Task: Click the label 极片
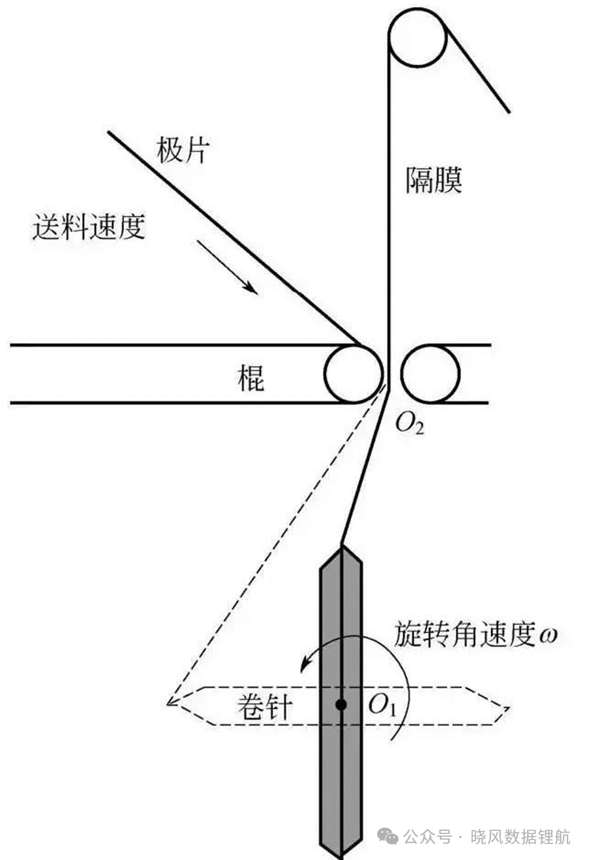pos(183,149)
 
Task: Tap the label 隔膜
pos(434,180)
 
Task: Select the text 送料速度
pos(89,226)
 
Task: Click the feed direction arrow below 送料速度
pos(226,267)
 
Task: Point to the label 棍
pos(250,378)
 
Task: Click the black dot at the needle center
pos(341,705)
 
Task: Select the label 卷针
pos(265,706)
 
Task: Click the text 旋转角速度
pos(464,635)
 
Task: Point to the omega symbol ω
pos(548,636)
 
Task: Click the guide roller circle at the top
pos(418,37)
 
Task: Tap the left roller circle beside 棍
pos(353,374)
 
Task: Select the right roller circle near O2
pos(431,374)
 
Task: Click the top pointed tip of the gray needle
pos(341,545)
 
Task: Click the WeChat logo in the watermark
pos(388,836)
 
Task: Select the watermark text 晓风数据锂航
pos(520,837)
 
